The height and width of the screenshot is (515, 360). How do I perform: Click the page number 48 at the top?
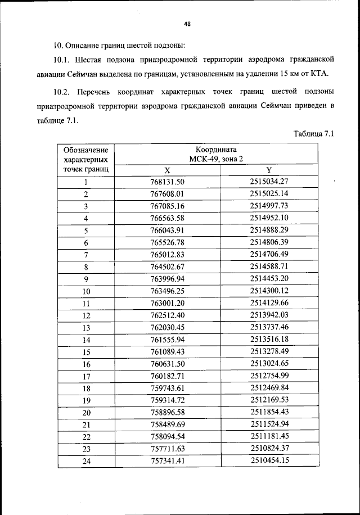tap(187, 24)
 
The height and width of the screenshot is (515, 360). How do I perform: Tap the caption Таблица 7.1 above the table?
tap(314, 134)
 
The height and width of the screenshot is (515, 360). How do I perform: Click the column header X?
tap(167, 170)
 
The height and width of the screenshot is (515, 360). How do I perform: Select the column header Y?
tap(269, 170)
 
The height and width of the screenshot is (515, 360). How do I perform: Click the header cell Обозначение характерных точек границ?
tap(86, 160)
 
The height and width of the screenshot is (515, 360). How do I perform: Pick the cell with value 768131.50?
tap(168, 182)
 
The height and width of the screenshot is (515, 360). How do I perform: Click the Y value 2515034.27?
tap(269, 181)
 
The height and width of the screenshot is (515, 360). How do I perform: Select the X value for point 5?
tap(168, 231)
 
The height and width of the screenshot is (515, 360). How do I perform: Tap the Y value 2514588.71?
tap(269, 266)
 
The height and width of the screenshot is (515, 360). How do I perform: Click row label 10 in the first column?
tap(86, 291)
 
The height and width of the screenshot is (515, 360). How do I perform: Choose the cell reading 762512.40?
tap(168, 315)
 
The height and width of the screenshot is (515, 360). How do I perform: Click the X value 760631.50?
tap(168, 364)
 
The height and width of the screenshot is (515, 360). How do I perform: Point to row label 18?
tap(86, 388)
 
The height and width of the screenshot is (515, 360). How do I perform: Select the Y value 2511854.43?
tap(269, 412)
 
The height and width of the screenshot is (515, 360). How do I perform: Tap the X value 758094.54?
tap(168, 437)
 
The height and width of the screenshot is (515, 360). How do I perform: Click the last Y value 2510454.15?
tap(269, 460)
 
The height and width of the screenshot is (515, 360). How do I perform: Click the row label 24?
tap(86, 462)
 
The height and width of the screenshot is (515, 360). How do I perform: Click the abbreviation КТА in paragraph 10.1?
tap(317, 73)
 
